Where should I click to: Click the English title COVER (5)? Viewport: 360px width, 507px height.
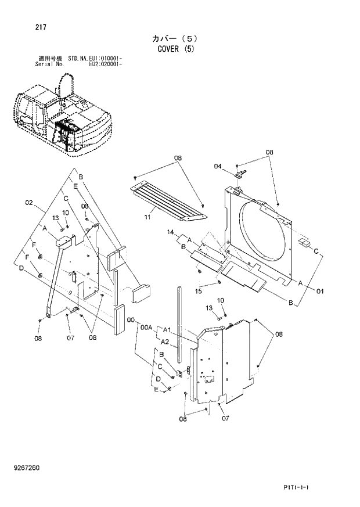tap(175, 49)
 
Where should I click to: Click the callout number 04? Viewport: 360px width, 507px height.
tap(218, 167)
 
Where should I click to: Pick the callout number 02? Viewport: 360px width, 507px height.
tap(28, 203)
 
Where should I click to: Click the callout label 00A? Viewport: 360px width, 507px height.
tap(146, 328)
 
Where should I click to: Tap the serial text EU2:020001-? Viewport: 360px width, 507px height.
tap(105, 64)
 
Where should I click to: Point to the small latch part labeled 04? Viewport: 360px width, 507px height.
tap(239, 171)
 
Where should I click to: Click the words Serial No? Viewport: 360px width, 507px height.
tap(49, 64)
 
